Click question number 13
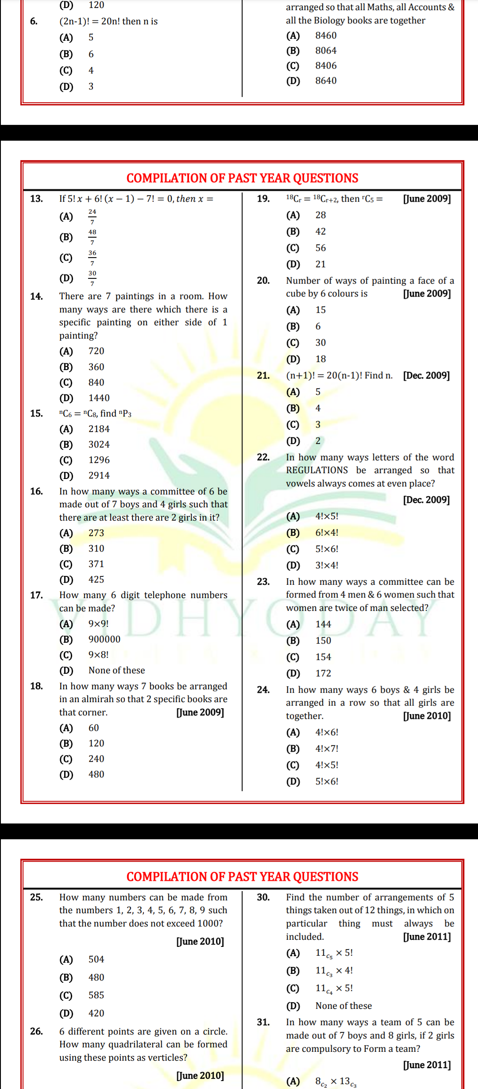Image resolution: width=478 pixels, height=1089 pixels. click(x=36, y=199)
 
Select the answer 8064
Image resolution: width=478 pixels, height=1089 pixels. click(x=326, y=50)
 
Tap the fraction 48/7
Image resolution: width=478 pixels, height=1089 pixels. click(x=92, y=237)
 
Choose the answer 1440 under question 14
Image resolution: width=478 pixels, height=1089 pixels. click(x=99, y=398)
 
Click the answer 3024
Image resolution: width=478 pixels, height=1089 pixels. click(x=99, y=444)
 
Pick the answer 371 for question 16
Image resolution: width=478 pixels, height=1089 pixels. click(x=96, y=564)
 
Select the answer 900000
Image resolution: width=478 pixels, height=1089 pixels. click(x=104, y=639)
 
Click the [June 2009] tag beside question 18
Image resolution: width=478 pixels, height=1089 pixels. click(x=200, y=712)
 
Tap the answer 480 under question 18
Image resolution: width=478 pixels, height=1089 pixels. click(x=96, y=774)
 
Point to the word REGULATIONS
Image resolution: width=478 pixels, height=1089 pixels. click(x=317, y=470)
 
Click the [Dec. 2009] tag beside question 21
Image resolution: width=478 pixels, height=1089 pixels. click(x=426, y=375)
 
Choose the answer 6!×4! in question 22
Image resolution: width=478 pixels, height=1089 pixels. click(x=327, y=533)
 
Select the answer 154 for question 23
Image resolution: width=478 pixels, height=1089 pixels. click(x=323, y=657)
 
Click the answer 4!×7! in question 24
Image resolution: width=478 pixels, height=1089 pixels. click(x=327, y=749)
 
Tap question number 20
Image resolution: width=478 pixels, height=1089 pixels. click(x=263, y=281)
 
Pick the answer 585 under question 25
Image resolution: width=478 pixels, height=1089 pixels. click(x=96, y=995)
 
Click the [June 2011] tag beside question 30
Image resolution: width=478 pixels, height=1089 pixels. click(x=427, y=937)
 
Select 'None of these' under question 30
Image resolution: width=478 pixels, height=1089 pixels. click(x=343, y=1006)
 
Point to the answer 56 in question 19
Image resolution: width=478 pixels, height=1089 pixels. click(x=320, y=248)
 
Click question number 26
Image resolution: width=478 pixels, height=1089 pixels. click(x=36, y=1031)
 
